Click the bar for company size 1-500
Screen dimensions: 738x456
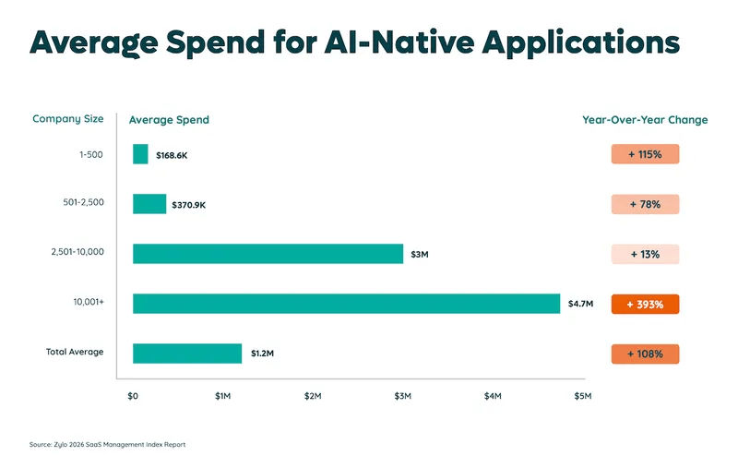(140, 154)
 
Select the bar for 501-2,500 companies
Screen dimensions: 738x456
(149, 204)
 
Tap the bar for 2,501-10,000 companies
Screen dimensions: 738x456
(268, 254)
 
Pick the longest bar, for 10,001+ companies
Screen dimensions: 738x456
(347, 304)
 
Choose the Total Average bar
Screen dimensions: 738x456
(187, 354)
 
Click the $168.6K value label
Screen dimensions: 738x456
(172, 155)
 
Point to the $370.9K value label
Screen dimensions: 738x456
(189, 205)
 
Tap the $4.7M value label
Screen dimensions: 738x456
(580, 304)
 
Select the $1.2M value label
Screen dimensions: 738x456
(262, 354)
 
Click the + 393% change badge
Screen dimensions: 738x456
(645, 305)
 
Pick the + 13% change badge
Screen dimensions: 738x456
(645, 255)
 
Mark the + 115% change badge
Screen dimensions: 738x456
(645, 154)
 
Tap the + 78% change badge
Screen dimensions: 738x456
(645, 204)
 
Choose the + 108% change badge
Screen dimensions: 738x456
(645, 354)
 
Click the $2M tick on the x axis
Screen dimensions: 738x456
(313, 396)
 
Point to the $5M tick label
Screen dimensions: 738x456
(583, 396)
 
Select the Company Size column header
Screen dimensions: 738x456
(67, 119)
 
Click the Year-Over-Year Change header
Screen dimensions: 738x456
(645, 120)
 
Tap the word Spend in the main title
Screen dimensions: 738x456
(215, 42)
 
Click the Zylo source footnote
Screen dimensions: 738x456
(107, 444)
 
